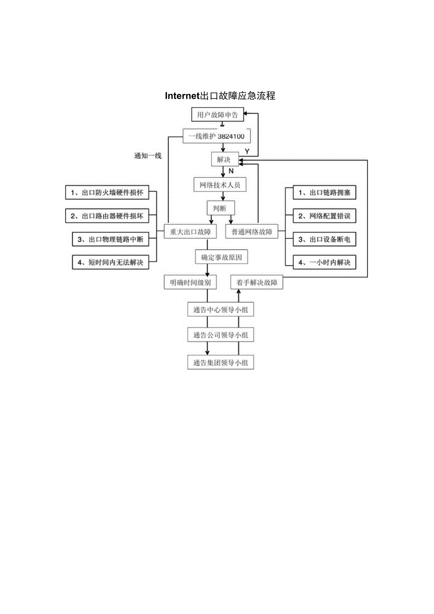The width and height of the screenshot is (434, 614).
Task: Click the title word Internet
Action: click(182, 96)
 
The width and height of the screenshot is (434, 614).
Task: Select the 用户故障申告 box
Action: click(217, 115)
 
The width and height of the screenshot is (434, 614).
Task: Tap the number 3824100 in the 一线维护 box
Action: click(232, 136)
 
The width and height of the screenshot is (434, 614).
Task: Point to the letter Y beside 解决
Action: click(246, 151)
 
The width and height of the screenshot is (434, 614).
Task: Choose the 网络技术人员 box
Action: click(220, 184)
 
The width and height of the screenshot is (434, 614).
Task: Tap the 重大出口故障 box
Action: click(191, 232)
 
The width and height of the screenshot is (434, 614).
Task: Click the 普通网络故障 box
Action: click(252, 232)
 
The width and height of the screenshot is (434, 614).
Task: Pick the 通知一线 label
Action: click(148, 156)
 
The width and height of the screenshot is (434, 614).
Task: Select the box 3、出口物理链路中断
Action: click(110, 239)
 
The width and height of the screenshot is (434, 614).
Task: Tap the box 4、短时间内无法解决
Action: click(110, 262)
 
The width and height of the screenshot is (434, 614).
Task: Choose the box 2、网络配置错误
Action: click(324, 216)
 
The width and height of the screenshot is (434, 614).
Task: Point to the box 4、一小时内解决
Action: click(324, 262)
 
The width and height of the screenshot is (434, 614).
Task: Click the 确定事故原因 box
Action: click(221, 258)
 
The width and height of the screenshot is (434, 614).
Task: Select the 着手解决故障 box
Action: click(257, 283)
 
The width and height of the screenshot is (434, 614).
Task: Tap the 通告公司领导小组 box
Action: click(220, 336)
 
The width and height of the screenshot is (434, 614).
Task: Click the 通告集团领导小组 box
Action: click(220, 362)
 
